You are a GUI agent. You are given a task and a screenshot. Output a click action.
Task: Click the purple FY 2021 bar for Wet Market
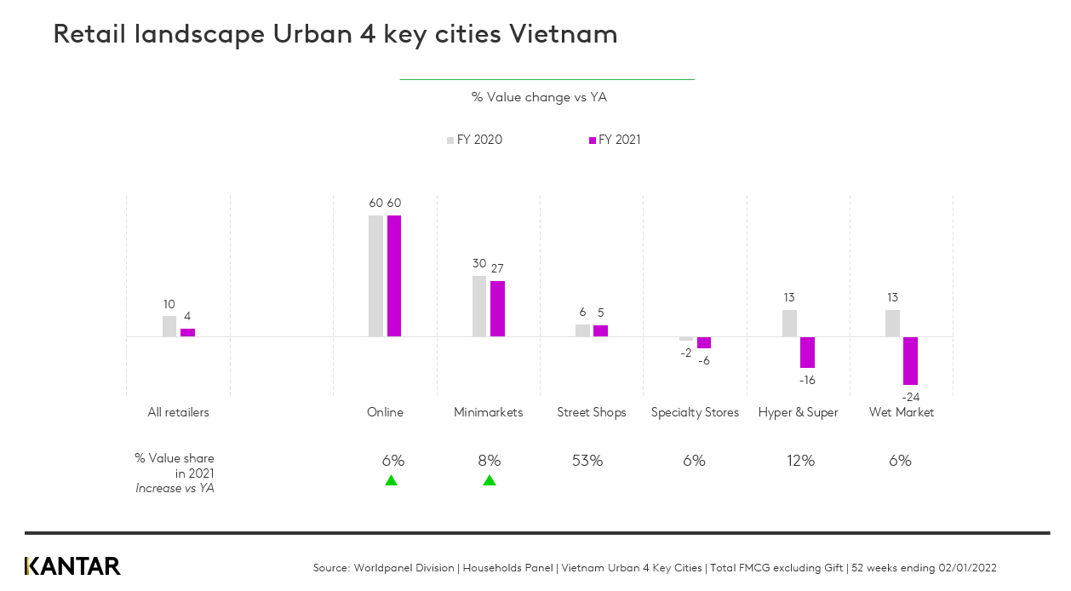(910, 360)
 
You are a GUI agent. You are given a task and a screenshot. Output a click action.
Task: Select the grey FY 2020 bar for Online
(375, 276)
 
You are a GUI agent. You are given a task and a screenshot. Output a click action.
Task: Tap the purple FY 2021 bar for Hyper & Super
(807, 352)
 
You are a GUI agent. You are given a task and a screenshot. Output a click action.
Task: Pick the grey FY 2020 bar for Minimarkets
(479, 306)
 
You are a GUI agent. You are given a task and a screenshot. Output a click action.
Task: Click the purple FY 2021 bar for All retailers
(187, 332)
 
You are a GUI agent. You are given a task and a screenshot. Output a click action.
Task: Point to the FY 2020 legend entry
(474, 141)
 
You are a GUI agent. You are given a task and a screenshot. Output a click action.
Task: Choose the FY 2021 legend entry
(615, 141)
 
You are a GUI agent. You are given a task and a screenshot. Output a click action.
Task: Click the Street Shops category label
(591, 412)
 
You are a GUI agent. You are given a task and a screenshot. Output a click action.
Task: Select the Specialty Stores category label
(695, 412)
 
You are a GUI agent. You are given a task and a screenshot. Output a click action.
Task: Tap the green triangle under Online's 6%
(391, 480)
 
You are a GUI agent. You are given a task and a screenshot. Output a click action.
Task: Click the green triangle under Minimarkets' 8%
(490, 480)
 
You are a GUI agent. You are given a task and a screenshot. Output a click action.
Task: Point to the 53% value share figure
(587, 461)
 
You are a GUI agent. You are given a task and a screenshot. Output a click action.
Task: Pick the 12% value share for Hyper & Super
(800, 461)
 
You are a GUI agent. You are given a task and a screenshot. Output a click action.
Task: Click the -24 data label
(910, 397)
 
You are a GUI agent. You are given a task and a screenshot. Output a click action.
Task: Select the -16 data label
(807, 380)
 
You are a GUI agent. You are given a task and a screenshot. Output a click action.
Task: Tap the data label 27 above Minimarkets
(497, 268)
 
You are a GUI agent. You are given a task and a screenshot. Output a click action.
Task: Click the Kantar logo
(72, 566)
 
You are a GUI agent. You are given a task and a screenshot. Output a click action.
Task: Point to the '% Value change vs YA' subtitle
(539, 97)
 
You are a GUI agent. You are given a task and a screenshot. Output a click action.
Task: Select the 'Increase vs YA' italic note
(175, 488)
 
